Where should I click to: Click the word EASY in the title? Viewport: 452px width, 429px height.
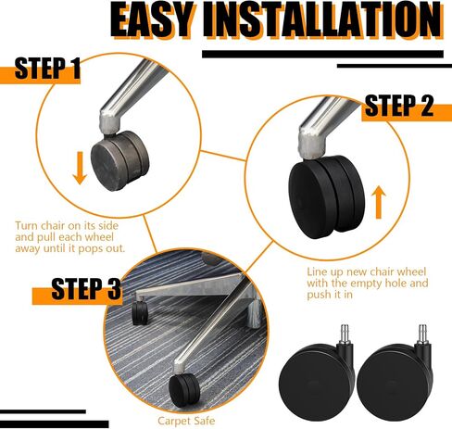pos(153,20)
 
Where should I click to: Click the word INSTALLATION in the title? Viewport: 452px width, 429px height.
pos(322,20)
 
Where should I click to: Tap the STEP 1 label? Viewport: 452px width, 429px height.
pos(47,68)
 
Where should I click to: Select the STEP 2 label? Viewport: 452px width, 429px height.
pos(399,106)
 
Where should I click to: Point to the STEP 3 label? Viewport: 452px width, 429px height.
pos(86,289)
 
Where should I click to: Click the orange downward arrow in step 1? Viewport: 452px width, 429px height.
pos(80,168)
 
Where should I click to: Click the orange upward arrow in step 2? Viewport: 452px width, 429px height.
pos(379,202)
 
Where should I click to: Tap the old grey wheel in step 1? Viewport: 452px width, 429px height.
pos(120,161)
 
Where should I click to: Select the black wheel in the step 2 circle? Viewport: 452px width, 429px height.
pos(327,196)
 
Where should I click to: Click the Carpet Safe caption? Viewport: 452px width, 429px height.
pos(186,421)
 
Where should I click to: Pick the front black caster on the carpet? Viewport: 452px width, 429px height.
pos(184,390)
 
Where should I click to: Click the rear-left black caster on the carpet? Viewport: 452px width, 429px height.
pos(141,312)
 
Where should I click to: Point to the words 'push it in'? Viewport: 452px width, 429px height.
pos(330,295)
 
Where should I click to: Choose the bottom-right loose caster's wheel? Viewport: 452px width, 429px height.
pos(393,382)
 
